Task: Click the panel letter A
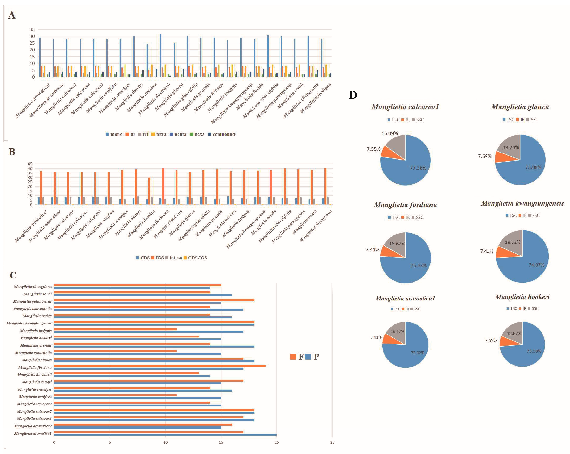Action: tap(12, 15)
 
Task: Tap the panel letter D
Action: tap(353, 95)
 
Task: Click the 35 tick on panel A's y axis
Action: tap(32, 29)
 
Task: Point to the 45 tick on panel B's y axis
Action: tap(30, 164)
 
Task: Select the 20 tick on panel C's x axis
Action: tap(277, 442)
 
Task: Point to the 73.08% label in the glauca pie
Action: tap(533, 167)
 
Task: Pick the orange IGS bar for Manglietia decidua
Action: tap(149, 191)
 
